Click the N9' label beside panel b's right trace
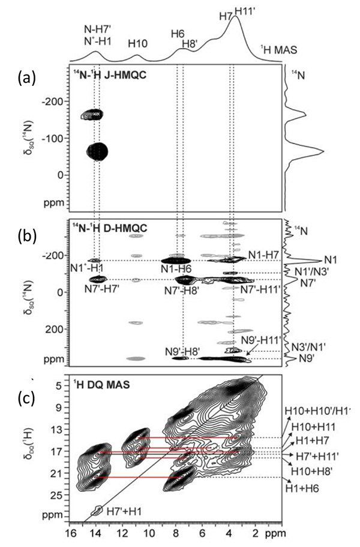click(x=307, y=359)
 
